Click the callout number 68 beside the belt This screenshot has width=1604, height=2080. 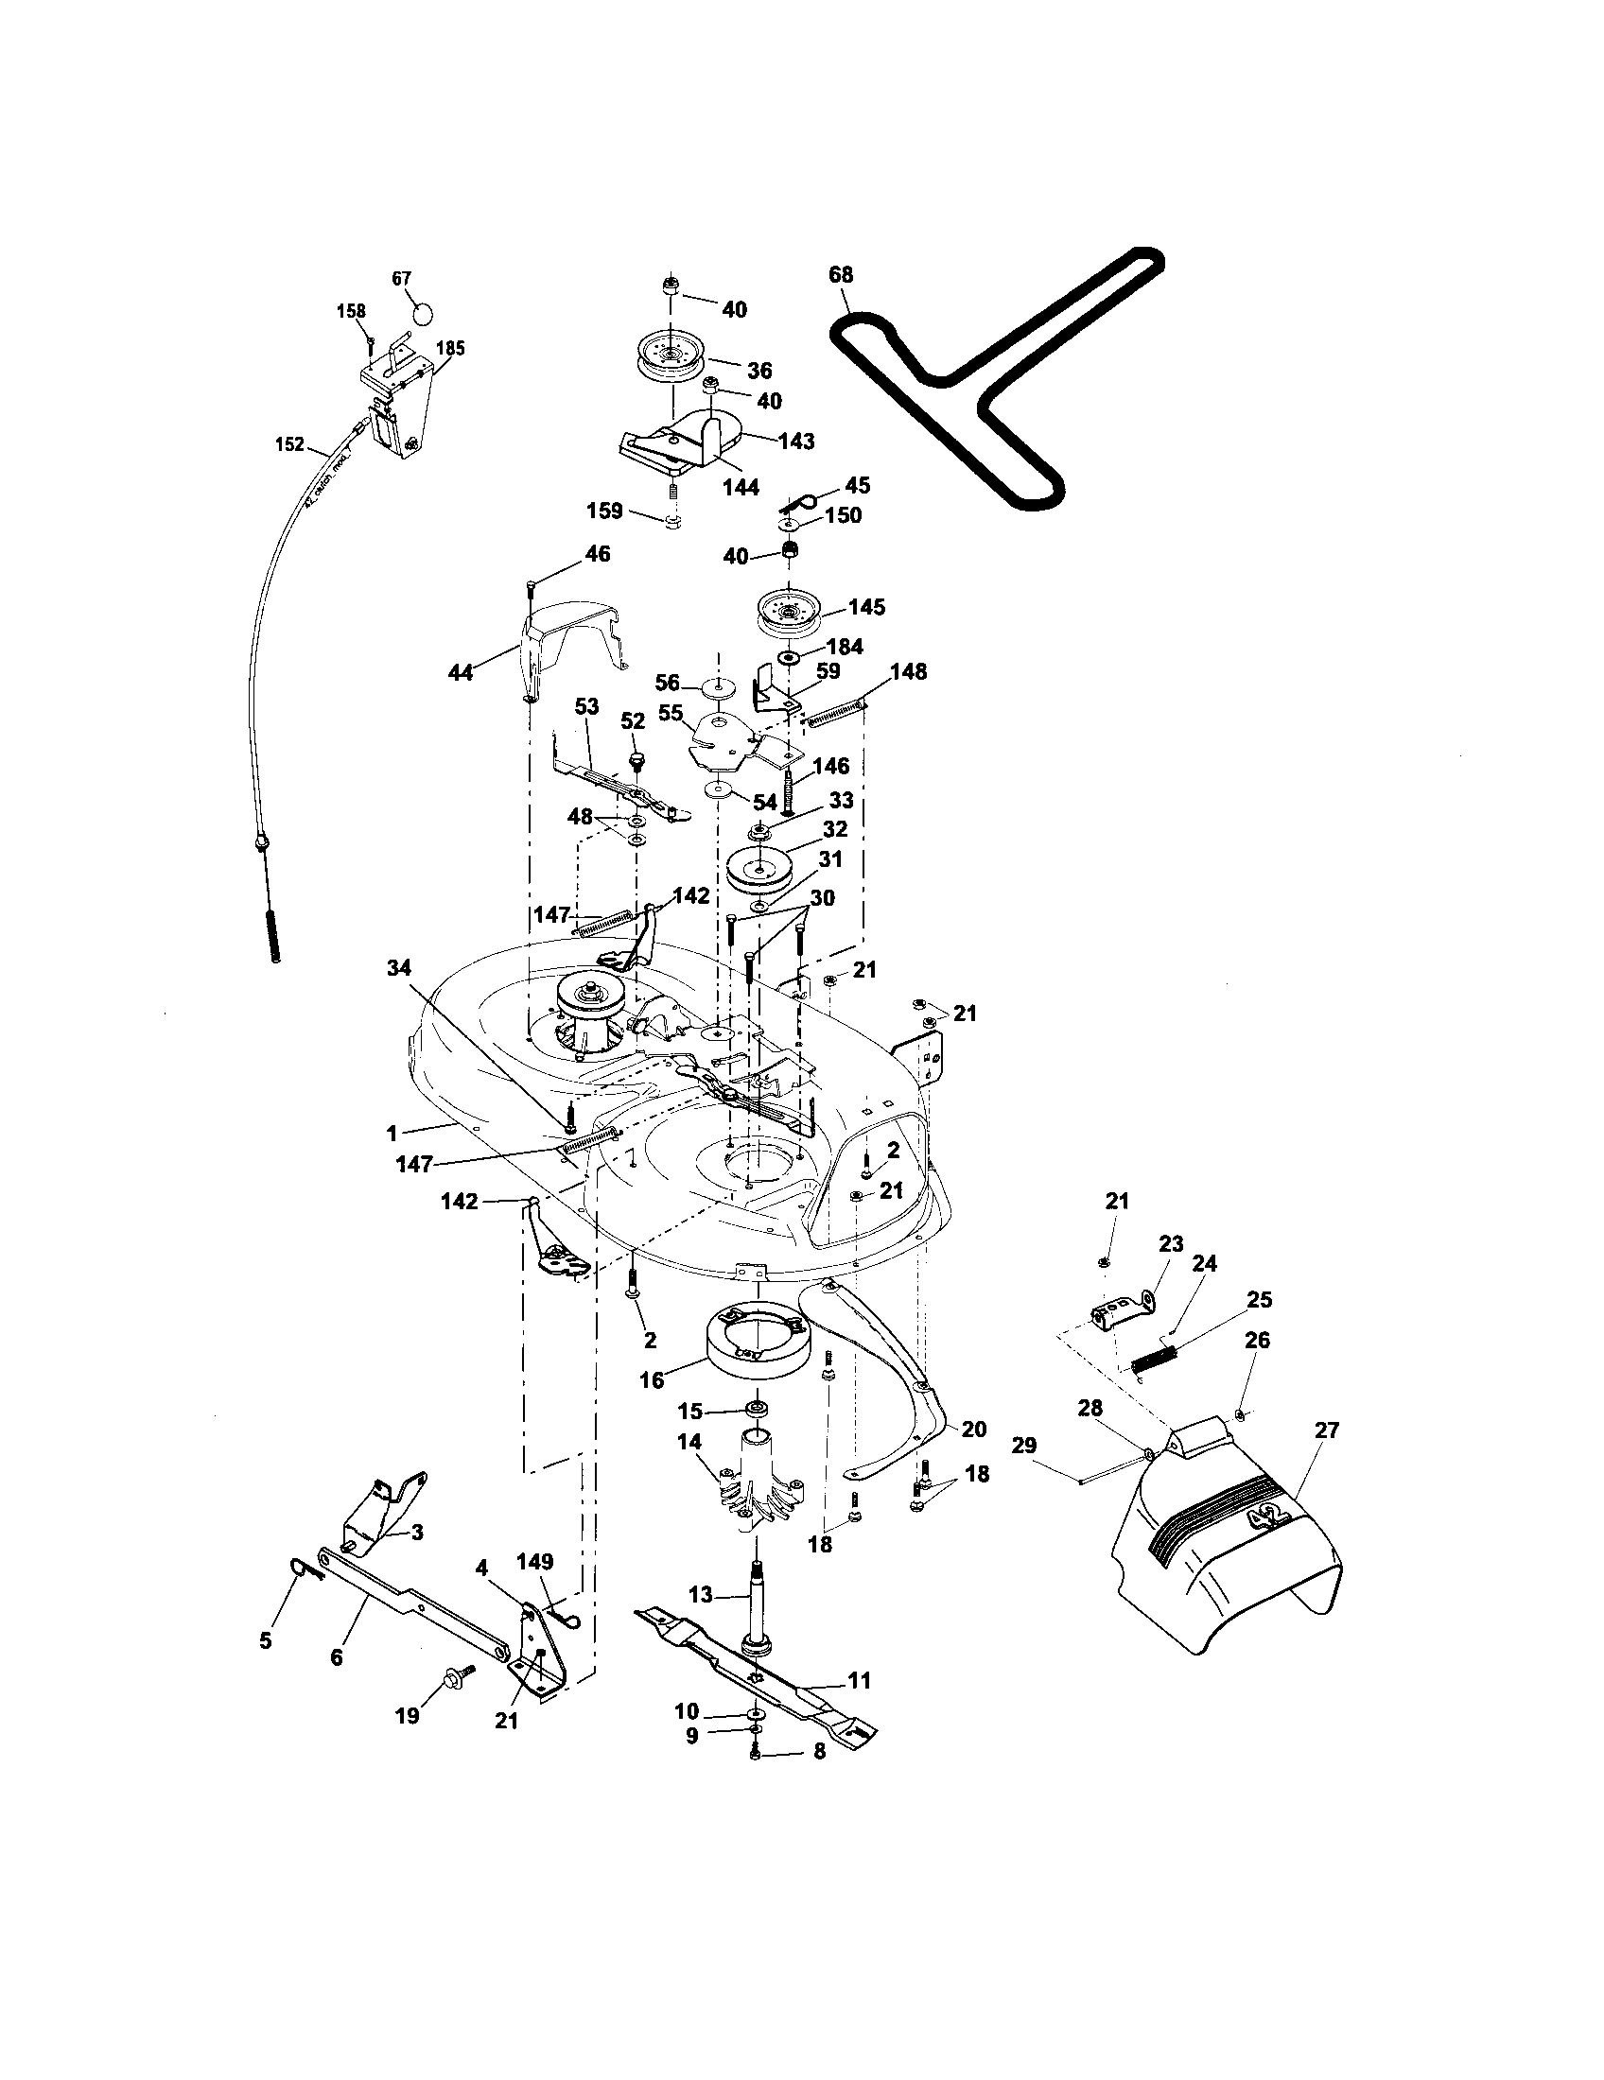point(841,275)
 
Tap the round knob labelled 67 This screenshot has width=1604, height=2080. point(423,312)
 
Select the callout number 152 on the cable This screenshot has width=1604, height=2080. point(289,444)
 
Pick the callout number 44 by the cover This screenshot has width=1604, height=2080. point(461,673)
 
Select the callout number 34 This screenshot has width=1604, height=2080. point(399,968)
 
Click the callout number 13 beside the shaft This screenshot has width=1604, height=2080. point(700,1594)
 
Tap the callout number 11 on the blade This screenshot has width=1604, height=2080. point(859,1681)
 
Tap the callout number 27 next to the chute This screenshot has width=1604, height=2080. point(1327,1430)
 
